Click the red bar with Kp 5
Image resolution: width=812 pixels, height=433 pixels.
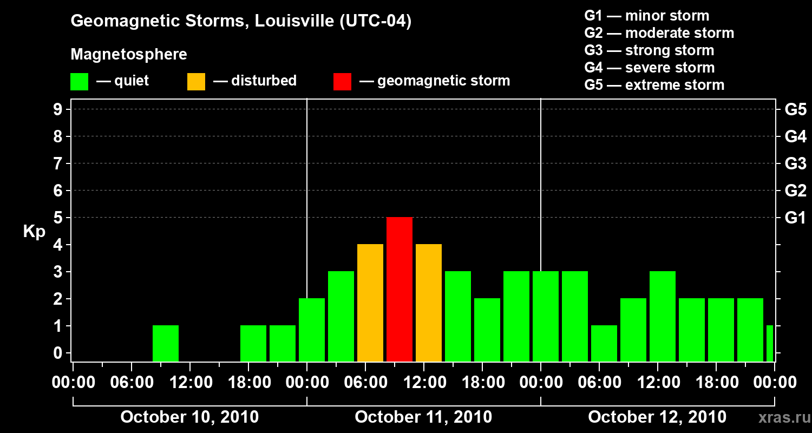[400, 289]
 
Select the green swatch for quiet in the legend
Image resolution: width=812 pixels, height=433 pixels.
[79, 81]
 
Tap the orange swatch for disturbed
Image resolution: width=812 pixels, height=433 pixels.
[196, 81]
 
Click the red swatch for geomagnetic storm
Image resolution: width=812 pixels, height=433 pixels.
[342, 81]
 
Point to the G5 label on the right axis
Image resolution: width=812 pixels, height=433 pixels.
[795, 110]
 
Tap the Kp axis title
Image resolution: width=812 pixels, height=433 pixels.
[34, 232]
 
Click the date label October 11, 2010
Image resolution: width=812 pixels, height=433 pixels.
[423, 417]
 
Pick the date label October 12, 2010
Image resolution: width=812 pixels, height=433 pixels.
[657, 417]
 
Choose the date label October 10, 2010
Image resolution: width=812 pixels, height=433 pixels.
[189, 417]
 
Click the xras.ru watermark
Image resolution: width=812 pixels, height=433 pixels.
[780, 417]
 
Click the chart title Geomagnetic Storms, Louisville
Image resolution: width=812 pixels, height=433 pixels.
[241, 22]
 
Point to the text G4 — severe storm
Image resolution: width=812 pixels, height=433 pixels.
[649, 68]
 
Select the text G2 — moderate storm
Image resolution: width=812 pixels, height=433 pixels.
[659, 33]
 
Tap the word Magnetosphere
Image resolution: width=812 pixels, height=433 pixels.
[129, 55]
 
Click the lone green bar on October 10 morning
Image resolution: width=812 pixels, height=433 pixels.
[166, 343]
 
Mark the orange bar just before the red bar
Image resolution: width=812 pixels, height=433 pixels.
[370, 303]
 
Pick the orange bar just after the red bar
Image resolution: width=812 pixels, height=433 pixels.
[429, 303]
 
